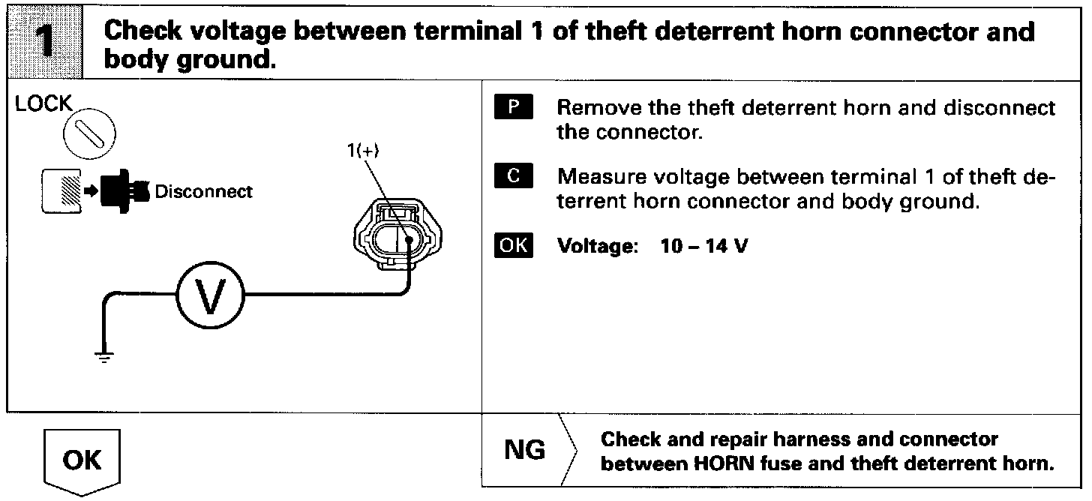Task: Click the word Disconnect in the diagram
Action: click(x=203, y=191)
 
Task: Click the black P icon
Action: click(x=514, y=108)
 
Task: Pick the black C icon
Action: click(x=514, y=177)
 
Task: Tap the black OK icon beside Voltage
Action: click(x=514, y=246)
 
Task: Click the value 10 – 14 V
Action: click(x=704, y=247)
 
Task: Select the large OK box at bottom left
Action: click(x=82, y=460)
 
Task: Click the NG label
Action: click(x=525, y=451)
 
